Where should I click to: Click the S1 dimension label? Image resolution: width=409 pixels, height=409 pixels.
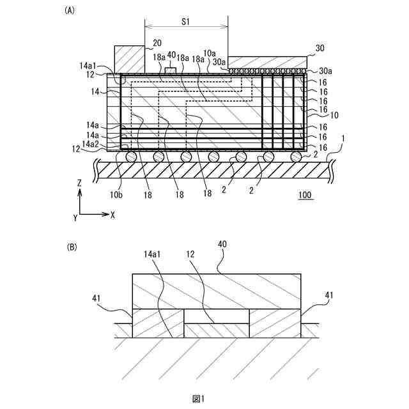pyautogui.click(x=186, y=21)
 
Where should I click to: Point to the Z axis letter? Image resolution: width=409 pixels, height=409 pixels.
pyautogui.click(x=79, y=183)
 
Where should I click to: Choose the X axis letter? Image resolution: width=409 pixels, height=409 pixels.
pyautogui.click(x=112, y=215)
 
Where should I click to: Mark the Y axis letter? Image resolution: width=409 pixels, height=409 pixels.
pyautogui.click(x=75, y=218)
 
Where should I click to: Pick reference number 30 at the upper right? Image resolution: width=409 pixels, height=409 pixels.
pyautogui.click(x=321, y=48)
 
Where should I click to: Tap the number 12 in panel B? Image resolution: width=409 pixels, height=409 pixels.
pyautogui.click(x=189, y=254)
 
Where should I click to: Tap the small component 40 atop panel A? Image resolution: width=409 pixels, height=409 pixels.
pyautogui.click(x=170, y=70)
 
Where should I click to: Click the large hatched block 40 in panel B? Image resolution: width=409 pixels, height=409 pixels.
pyautogui.click(x=216, y=291)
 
